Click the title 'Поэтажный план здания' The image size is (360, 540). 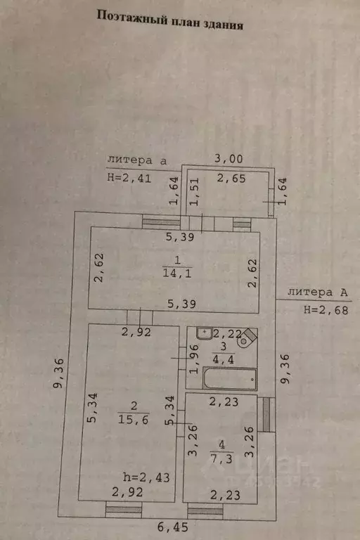tap(170, 20)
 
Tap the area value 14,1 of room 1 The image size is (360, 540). tap(176, 273)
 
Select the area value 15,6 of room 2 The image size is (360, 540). tap(134, 419)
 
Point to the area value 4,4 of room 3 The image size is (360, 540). tap(223, 359)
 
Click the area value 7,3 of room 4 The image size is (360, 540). tap(221, 458)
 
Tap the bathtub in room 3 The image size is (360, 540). tap(230, 378)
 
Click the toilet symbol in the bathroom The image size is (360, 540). tap(247, 337)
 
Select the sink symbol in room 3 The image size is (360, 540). tap(205, 333)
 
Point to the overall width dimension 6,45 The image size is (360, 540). tap(173, 527)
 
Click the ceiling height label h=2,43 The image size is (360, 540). tap(146, 477)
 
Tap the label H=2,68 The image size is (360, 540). tap(326, 310)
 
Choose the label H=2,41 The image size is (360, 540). tap(129, 178)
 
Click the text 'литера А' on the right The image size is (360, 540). tap(317, 292)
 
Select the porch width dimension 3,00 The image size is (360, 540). tap(229, 159)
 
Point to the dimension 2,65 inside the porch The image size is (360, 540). tap(231, 178)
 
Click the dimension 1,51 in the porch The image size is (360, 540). tap(194, 192)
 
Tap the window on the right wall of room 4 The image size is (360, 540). tap(266, 415)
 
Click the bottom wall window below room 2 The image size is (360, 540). tap(123, 509)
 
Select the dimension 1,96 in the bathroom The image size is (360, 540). tap(194, 359)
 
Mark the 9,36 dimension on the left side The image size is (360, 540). tap(58, 373)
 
